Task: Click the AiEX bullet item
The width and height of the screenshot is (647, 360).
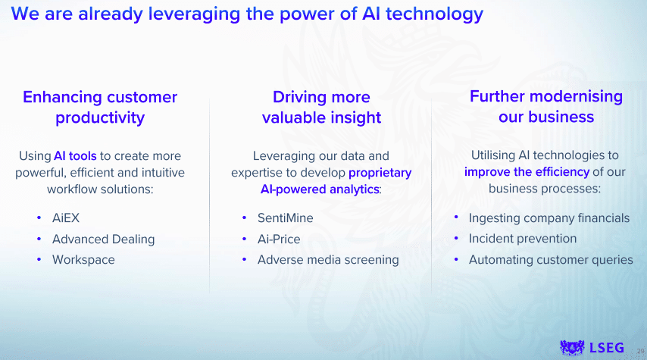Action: (66, 218)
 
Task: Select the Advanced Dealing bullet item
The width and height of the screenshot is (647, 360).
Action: (103, 239)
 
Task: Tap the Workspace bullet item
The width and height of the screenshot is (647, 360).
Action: (83, 260)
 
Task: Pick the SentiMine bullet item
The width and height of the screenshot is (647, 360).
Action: (285, 218)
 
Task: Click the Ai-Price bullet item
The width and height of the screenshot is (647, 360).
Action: (279, 239)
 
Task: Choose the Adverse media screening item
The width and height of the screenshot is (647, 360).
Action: (328, 260)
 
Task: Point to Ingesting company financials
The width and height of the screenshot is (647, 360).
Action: (549, 218)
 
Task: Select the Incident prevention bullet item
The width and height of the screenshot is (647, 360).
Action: (523, 239)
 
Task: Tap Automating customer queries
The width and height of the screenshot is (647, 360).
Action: (551, 260)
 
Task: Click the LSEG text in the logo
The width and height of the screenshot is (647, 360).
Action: (607, 348)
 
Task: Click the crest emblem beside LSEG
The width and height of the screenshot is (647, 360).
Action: (572, 348)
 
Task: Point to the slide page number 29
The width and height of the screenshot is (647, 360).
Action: (640, 352)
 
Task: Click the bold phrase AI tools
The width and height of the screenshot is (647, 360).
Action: (75, 156)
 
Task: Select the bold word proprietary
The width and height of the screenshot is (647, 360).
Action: (380, 173)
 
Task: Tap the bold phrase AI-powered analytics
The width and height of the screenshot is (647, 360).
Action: (320, 189)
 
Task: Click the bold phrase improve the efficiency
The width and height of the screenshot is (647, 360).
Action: (527, 172)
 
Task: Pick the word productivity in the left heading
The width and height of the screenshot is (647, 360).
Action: (100, 118)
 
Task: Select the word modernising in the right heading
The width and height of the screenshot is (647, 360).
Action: (577, 96)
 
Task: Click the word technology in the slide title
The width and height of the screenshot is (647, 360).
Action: (435, 14)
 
